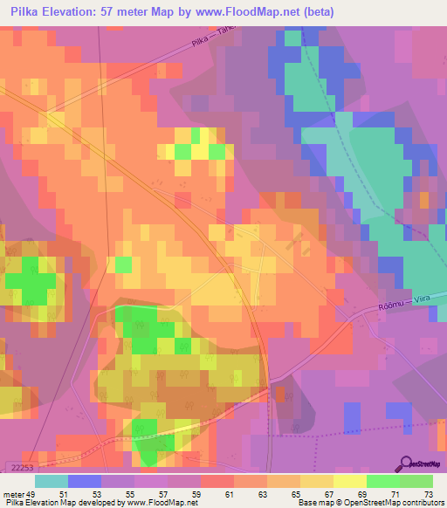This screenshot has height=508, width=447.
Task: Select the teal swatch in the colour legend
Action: point(51,481)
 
